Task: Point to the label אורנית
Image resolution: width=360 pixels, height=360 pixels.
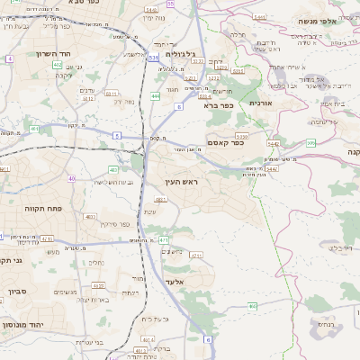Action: click(260, 104)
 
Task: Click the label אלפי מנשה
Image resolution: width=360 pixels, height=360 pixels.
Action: click(318, 21)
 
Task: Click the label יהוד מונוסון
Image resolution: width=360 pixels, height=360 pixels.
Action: click(25, 325)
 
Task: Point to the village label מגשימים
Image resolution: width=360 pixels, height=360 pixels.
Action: click(66, 292)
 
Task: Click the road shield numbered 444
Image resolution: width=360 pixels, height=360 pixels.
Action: click(156, 95)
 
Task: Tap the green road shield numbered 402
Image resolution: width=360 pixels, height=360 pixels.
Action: click(58, 65)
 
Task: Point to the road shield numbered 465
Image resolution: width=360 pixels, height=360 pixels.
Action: click(252, 307)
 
